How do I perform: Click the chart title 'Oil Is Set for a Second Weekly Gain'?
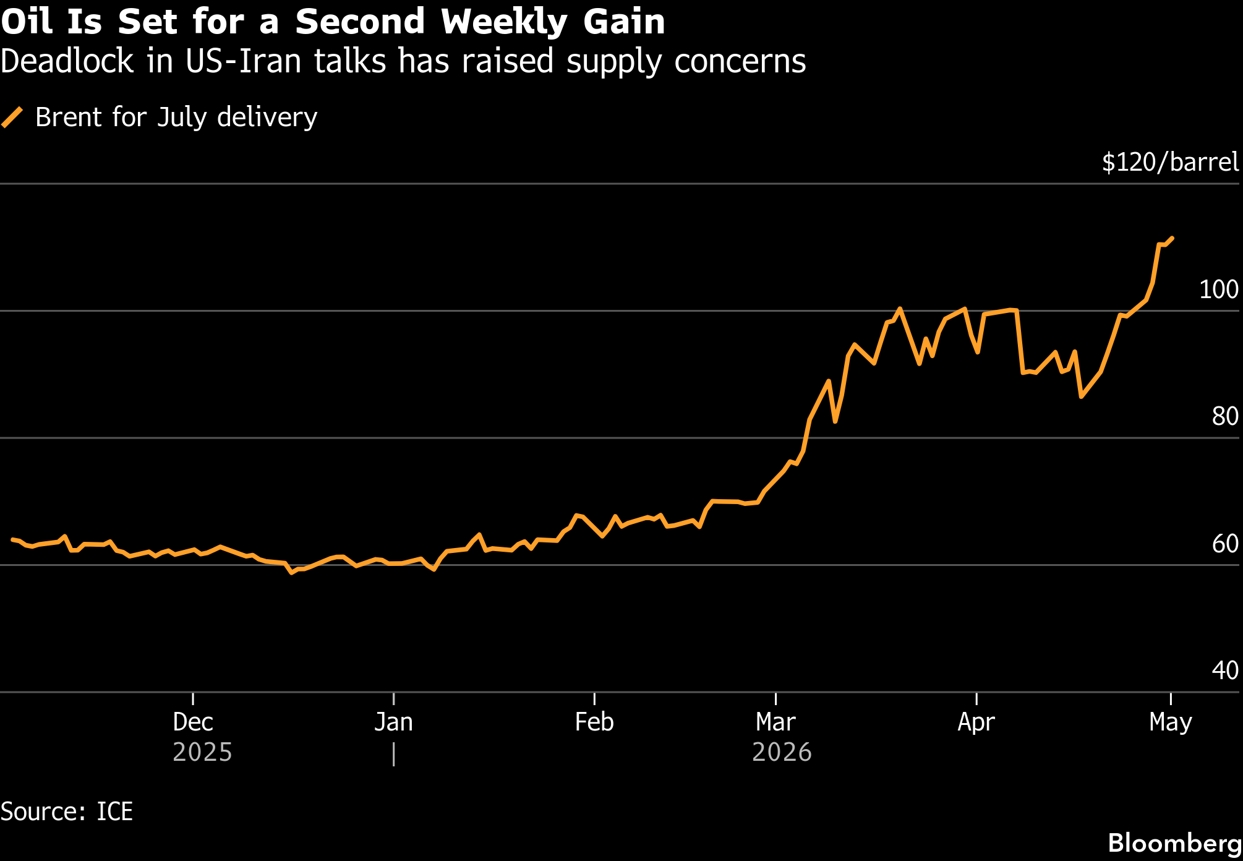[x=333, y=22]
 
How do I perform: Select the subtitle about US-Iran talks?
[x=403, y=62]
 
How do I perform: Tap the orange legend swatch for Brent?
[x=12, y=117]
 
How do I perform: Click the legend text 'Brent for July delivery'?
[x=176, y=118]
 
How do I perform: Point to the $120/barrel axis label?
[x=1171, y=162]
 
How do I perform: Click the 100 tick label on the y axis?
[x=1219, y=289]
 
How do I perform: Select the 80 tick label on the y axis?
[x=1225, y=416]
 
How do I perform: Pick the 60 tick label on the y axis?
[x=1225, y=544]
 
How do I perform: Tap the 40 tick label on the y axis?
[x=1225, y=670]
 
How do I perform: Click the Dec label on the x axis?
[x=193, y=722]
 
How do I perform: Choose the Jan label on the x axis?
[x=393, y=722]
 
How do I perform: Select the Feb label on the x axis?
[x=594, y=722]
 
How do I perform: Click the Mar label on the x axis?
[x=775, y=722]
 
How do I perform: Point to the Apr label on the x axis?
[x=976, y=722]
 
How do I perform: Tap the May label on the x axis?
[x=1171, y=722]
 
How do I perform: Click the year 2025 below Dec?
[x=202, y=752]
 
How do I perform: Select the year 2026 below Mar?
[x=782, y=752]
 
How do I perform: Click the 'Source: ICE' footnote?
[x=67, y=812]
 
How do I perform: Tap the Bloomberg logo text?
[x=1174, y=843]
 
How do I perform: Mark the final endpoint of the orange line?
[x=1173, y=238]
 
